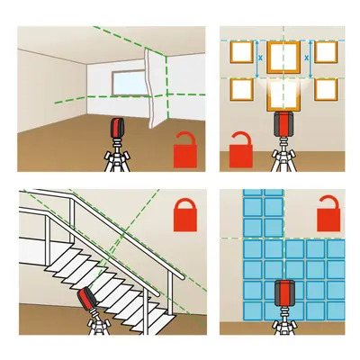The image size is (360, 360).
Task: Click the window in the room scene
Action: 130,83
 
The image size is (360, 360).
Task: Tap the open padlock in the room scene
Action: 185,150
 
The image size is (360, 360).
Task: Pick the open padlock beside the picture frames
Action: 241,149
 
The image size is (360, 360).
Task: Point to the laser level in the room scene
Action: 117,128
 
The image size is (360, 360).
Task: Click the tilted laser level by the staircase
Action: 88,299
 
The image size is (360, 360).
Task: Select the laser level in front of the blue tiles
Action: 283,292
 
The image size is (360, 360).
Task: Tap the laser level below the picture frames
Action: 283,123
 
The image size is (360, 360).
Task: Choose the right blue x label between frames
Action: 306,58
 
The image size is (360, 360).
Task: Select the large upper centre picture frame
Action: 283,57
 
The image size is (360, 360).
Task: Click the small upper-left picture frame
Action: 242,52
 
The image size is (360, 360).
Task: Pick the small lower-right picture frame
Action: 326,90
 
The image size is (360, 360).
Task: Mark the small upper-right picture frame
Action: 326,52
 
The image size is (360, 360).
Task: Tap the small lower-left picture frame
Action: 242,90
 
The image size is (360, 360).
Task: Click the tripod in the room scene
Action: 117,156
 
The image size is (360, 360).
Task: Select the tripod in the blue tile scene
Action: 283,320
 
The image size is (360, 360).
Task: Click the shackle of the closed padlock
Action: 185,204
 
